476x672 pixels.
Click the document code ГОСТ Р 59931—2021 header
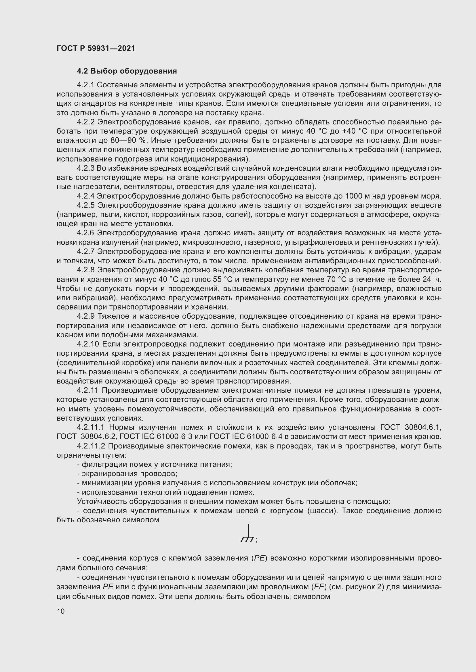(x=96, y=48)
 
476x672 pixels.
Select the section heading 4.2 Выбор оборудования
(x=127, y=71)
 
